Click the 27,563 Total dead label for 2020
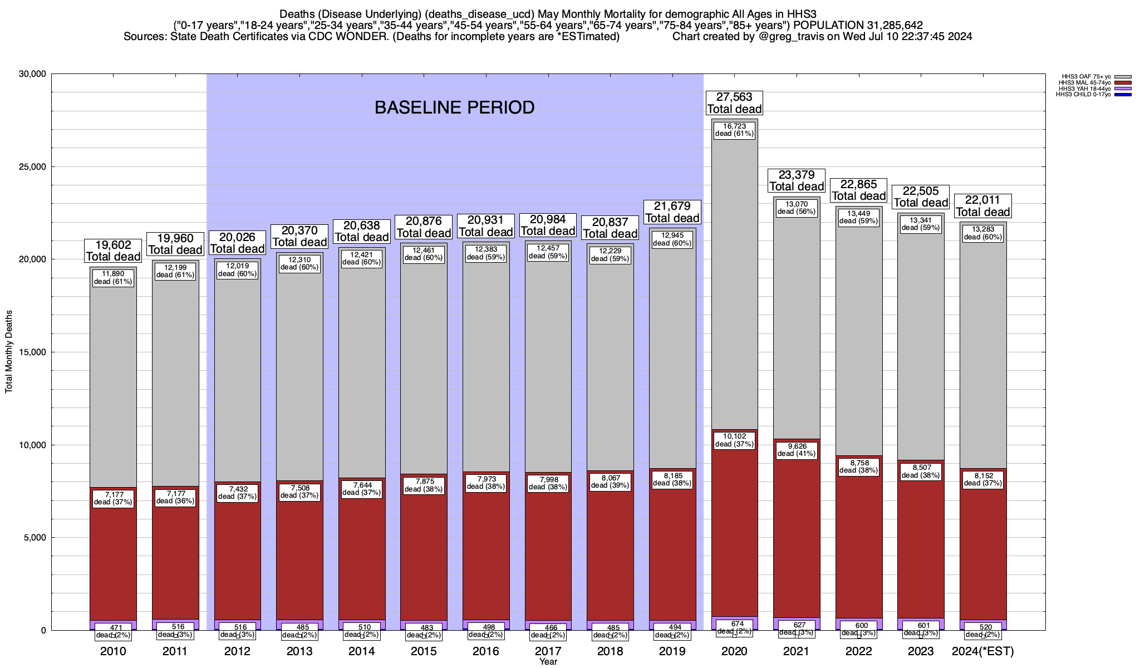[734, 103]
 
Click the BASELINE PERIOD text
[454, 107]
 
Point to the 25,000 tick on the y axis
[32, 167]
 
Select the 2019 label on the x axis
[672, 651]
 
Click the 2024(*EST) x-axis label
[983, 651]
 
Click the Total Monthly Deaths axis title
[9, 352]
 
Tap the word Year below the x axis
[548, 662]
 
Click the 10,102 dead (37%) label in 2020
[734, 440]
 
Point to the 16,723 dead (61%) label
[734, 130]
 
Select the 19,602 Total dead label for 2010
[113, 251]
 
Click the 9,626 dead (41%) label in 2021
[797, 450]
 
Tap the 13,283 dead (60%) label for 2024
[983, 233]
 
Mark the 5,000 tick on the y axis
[34, 538]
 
